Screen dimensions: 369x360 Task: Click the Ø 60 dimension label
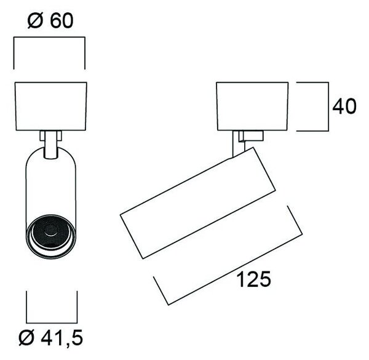[50, 20]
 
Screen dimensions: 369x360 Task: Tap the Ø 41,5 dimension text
[51, 338]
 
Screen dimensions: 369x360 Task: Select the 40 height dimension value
[344, 106]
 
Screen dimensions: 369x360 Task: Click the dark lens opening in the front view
[51, 231]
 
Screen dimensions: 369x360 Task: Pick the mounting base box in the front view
[51, 106]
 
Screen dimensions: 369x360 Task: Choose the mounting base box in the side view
[252, 106]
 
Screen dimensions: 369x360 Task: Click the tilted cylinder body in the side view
[197, 202]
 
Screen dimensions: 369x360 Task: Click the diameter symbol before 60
[35, 21]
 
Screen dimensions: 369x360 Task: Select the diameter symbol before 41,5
[26, 338]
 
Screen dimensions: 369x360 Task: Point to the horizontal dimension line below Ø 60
[49, 37]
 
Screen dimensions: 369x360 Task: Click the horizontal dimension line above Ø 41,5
[52, 323]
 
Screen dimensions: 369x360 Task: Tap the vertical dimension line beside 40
[328, 106]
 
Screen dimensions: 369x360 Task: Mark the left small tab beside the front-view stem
[42, 136]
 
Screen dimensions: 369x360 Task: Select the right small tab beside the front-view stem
[59, 136]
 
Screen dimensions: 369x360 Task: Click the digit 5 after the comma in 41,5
[76, 338]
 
